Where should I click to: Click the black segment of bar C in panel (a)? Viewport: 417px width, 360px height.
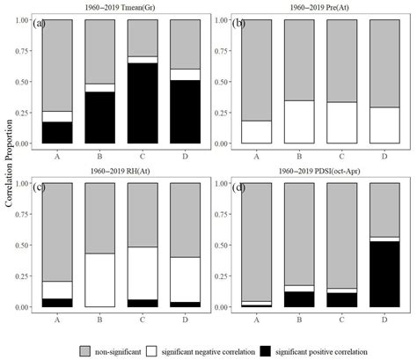click(x=142, y=103)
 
